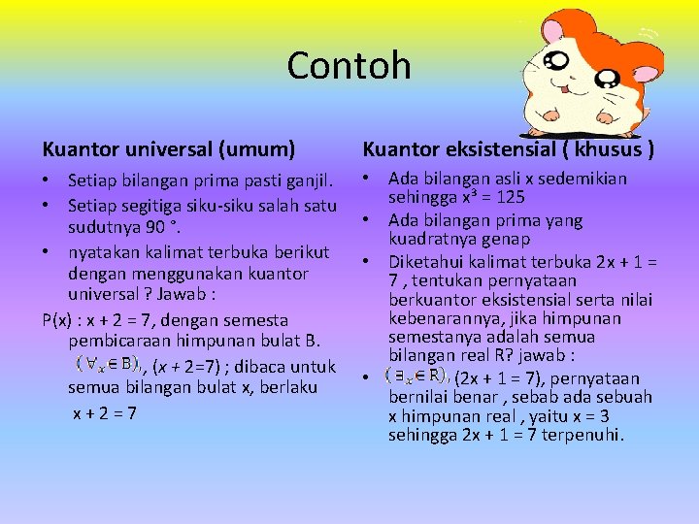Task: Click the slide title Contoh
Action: click(349, 66)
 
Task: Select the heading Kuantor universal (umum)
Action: click(169, 149)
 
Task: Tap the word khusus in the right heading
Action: click(605, 149)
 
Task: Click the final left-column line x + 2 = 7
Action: click(105, 412)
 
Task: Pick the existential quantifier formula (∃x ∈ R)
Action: click(416, 375)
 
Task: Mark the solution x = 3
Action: click(584, 416)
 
